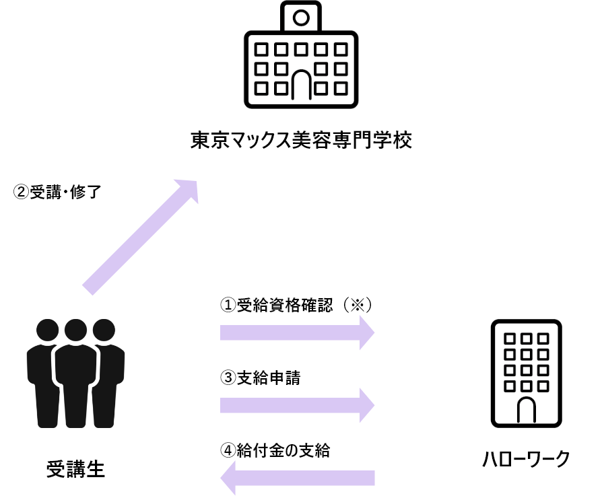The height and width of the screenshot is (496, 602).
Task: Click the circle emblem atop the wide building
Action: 301,17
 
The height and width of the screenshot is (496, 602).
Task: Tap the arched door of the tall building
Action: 526,410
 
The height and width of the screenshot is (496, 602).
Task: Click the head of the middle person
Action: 75,330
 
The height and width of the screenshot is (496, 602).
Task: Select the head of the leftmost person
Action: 48,330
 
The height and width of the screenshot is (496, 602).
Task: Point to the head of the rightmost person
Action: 104,330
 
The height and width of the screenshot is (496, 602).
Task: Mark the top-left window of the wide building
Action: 261,49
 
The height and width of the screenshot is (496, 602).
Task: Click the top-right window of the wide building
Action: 341,49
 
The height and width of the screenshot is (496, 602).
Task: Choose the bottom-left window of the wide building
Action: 261,88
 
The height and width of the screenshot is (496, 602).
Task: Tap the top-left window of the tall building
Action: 510,339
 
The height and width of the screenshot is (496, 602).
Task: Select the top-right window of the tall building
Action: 543,339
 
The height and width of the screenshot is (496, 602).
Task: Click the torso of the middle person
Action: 75,367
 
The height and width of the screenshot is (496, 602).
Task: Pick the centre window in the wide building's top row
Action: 301,49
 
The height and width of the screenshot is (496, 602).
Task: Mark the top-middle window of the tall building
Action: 526,339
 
